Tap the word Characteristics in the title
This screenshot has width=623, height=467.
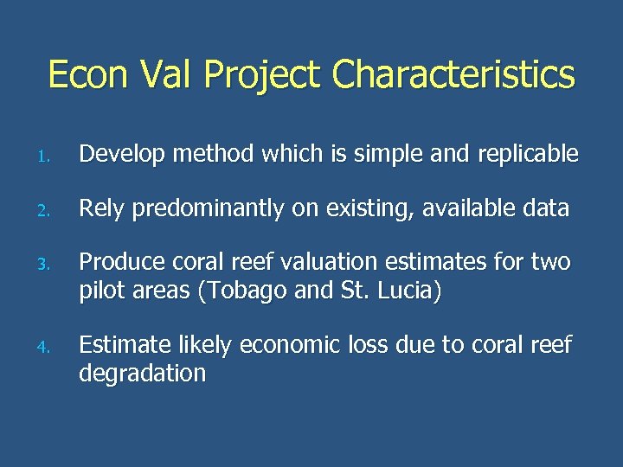[453, 74]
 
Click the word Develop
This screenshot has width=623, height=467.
[122, 156]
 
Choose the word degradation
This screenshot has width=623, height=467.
[143, 374]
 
